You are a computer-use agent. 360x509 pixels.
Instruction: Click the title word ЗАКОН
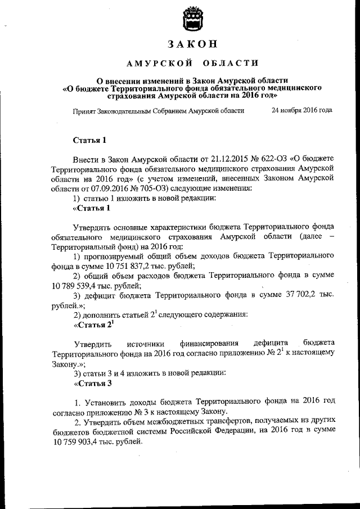[192, 44]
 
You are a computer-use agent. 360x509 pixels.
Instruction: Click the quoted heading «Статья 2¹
[94, 325]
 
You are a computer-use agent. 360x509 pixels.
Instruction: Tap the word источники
[145, 343]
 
